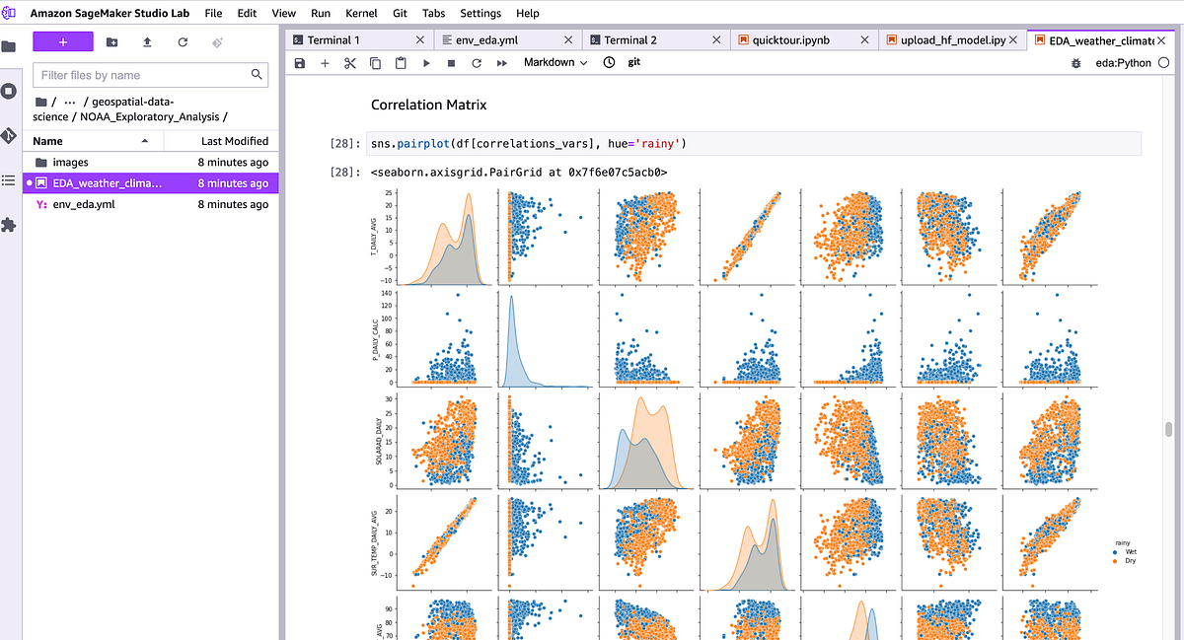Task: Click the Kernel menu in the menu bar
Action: (360, 13)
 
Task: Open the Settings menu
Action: (481, 13)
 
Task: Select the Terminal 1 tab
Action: (333, 40)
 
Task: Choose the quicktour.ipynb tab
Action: (790, 40)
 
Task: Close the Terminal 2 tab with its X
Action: (716, 40)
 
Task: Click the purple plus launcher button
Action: (63, 41)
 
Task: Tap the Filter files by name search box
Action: (143, 75)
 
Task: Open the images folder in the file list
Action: (70, 162)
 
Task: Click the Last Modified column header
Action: (234, 141)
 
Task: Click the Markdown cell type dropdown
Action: (555, 62)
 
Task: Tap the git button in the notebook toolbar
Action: (634, 62)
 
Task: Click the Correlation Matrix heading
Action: (428, 105)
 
